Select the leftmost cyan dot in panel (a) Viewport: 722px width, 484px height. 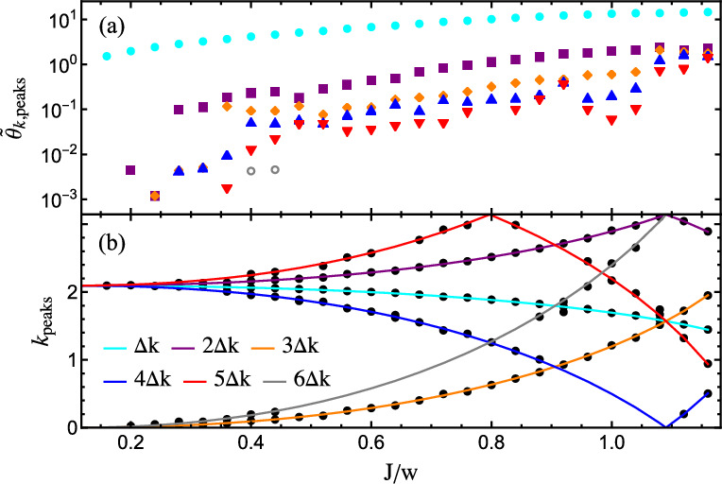(x=107, y=57)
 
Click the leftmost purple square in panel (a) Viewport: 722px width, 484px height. (x=130, y=170)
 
